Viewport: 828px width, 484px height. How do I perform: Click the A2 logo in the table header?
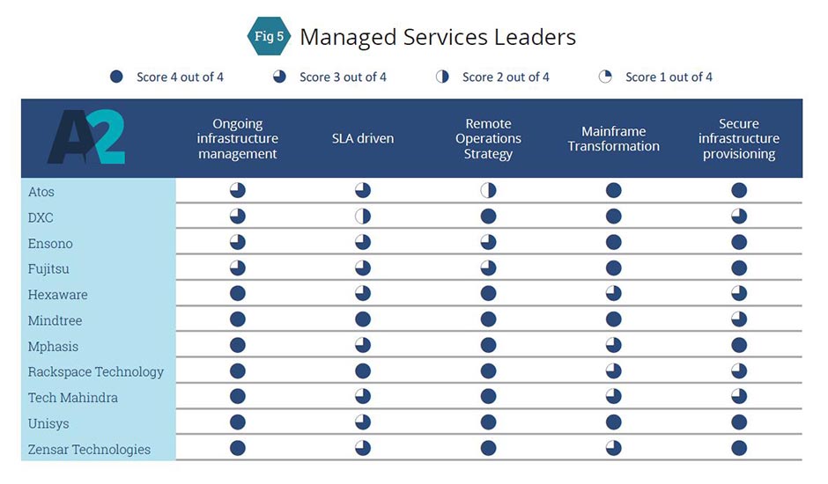tap(85, 137)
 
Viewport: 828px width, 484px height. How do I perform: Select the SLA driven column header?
tap(363, 138)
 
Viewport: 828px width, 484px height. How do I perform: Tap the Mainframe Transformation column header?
tap(614, 139)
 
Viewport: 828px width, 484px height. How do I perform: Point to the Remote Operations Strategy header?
tap(488, 139)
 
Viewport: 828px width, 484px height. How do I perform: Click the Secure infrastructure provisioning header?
tap(739, 139)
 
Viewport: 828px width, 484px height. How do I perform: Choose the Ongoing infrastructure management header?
tap(238, 139)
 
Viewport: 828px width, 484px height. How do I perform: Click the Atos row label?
tap(41, 192)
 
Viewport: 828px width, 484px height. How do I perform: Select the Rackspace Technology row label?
tap(96, 372)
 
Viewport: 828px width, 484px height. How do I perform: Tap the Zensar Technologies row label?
tap(89, 450)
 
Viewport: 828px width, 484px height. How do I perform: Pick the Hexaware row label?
tap(58, 295)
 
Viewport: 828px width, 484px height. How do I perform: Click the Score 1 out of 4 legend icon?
tap(605, 77)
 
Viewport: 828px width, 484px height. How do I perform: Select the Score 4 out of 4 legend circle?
tap(116, 77)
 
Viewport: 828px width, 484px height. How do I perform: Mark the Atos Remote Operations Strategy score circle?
tap(488, 191)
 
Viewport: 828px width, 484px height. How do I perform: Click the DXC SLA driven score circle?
tap(363, 216)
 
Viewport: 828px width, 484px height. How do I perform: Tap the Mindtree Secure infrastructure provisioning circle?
tap(739, 319)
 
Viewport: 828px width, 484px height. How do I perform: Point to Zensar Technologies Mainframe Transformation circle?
tap(614, 448)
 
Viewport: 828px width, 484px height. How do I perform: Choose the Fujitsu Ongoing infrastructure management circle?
tap(238, 268)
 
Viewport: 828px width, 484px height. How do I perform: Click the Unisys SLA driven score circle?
tap(363, 422)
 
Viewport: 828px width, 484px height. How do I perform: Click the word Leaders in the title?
tap(536, 37)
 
